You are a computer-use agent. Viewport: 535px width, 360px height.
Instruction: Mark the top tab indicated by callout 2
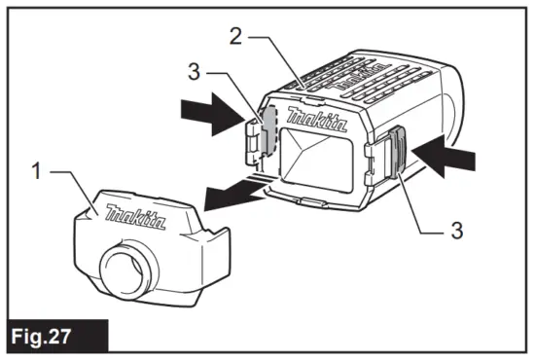[310, 87]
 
